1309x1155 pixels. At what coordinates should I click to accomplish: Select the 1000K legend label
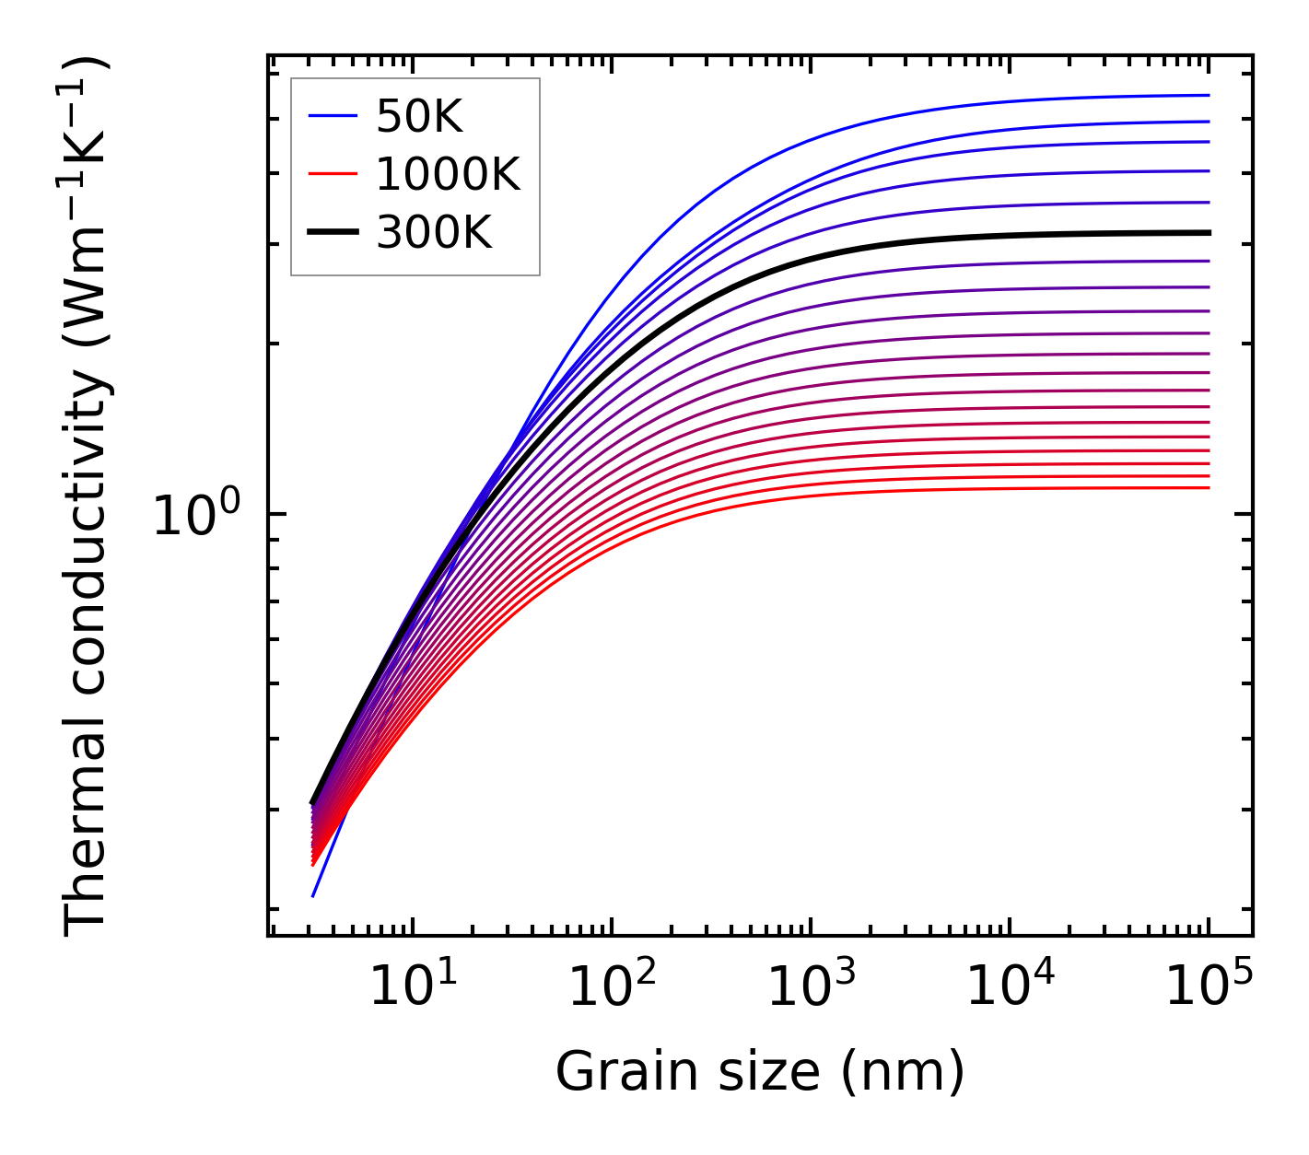coord(448,174)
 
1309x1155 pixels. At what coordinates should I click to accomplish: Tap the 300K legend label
coord(434,233)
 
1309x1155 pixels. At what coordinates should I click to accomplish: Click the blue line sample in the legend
coord(332,116)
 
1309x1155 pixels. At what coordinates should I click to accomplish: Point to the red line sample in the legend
coord(332,174)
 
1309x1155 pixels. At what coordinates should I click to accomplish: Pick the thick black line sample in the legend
coord(332,233)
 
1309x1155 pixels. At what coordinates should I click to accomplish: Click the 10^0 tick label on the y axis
coord(195,517)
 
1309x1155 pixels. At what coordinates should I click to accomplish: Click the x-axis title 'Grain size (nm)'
coord(760,1073)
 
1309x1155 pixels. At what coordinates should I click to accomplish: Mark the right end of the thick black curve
coord(1208,232)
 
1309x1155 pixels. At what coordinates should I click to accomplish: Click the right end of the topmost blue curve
coord(1208,95)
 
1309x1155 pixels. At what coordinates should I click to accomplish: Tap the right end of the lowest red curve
coord(1208,487)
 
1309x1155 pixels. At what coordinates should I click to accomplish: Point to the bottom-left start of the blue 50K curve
coord(313,895)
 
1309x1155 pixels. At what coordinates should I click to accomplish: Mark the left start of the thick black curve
coord(313,803)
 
